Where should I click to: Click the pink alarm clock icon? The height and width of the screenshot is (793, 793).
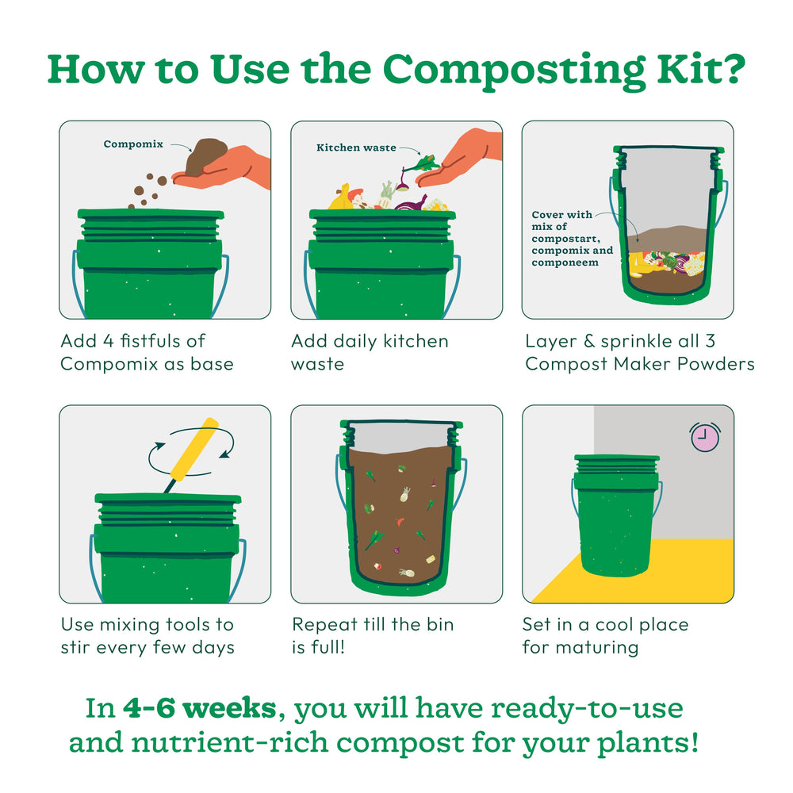[x=705, y=437]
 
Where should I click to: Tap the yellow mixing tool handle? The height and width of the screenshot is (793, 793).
[x=195, y=449]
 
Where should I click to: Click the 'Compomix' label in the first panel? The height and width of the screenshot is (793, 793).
[x=133, y=144]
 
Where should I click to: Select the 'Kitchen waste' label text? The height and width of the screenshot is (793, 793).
[x=357, y=147]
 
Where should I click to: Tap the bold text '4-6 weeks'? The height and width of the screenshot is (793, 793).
[x=200, y=707]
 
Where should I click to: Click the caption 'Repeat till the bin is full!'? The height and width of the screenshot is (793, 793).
[x=373, y=636]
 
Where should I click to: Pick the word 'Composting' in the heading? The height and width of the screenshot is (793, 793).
[x=514, y=71]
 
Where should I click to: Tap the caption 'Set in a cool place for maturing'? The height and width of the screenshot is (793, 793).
[x=605, y=636]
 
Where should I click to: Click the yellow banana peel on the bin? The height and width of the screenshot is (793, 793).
[x=341, y=197]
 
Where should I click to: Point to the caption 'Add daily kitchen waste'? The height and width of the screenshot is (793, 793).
[x=370, y=352]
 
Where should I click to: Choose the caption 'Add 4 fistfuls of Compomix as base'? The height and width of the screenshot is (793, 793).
[x=147, y=352]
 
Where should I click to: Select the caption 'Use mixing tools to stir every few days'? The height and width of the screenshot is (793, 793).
[x=147, y=636]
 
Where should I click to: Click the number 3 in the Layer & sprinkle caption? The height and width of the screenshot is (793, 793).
[x=710, y=341]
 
